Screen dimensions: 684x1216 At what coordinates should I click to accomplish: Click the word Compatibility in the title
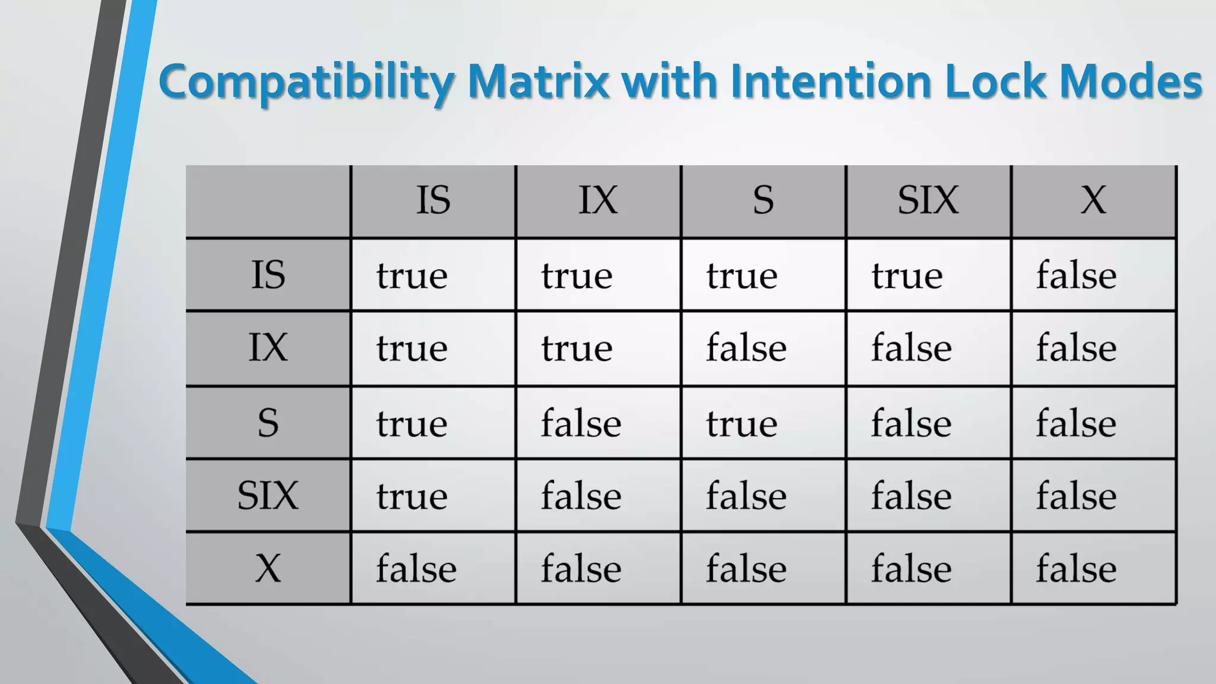point(306,82)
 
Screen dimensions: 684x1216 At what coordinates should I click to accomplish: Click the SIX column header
point(928,200)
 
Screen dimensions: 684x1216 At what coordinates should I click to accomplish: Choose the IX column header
point(598,200)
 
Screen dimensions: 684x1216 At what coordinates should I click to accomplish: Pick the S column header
point(763,200)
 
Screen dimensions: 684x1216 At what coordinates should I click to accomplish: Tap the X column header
point(1093,200)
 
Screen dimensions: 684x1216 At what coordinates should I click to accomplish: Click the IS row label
point(268,275)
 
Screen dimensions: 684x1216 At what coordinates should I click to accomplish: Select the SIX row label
point(268,495)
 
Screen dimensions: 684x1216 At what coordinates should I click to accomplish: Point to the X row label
point(268,568)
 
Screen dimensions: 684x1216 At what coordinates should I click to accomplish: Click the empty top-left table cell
point(268,202)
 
